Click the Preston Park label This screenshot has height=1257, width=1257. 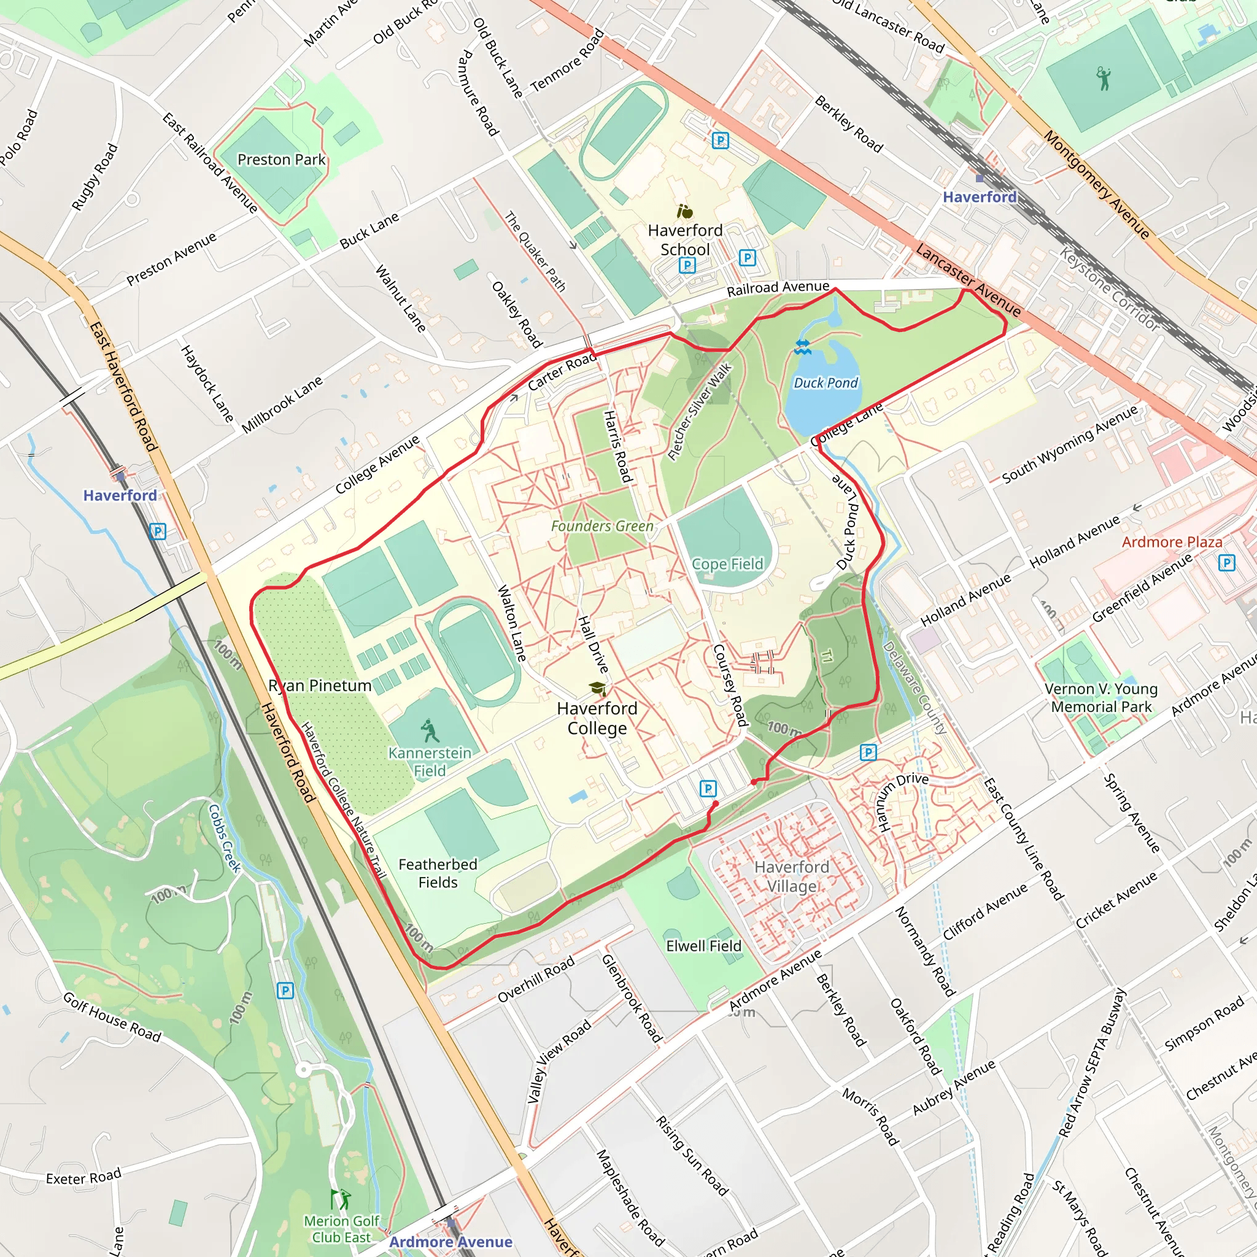[x=281, y=160]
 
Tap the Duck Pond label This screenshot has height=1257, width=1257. [x=825, y=382]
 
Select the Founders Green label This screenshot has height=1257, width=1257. [x=602, y=526]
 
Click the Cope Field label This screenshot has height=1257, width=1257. [x=727, y=563]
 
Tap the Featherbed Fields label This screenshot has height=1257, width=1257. [x=438, y=873]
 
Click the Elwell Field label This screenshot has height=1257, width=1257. [x=703, y=945]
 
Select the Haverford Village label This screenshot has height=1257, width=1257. [x=791, y=876]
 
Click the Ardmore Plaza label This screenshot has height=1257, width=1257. [x=1172, y=541]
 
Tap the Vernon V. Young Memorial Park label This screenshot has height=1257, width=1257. [x=1101, y=697]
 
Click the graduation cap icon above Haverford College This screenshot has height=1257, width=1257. [x=597, y=689]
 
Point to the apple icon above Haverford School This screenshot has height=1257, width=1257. [x=684, y=212]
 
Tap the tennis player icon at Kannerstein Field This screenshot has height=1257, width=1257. [x=430, y=730]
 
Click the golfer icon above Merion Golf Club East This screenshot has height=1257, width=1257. [x=341, y=1199]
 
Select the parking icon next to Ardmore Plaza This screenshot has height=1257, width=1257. [x=1226, y=563]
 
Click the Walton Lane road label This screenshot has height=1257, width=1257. [x=511, y=624]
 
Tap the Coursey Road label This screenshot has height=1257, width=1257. [x=730, y=685]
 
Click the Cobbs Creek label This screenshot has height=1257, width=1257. [x=225, y=838]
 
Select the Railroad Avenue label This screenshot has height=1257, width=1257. [x=778, y=288]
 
